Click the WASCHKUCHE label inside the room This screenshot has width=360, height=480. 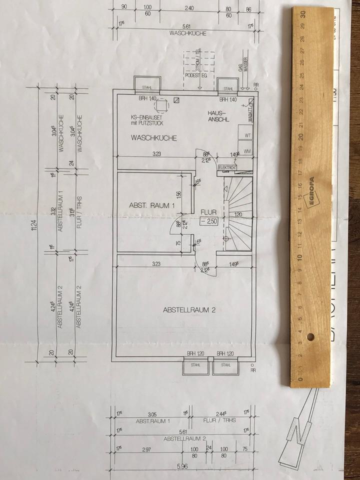[153, 137]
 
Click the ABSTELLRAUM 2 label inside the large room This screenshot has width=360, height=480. [188, 310]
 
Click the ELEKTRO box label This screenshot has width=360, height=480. [227, 168]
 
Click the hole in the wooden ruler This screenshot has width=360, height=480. [310, 336]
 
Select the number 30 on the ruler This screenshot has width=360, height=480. [303, 14]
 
